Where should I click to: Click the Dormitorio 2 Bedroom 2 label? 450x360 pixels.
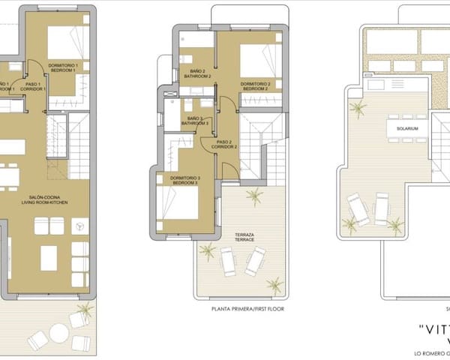tap(256, 86)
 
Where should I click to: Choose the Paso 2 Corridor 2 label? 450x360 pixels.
tap(224, 144)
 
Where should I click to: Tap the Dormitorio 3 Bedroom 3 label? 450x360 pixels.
tap(184, 180)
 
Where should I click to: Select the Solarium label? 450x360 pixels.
tap(397, 129)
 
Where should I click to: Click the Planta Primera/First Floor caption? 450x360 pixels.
tap(248, 309)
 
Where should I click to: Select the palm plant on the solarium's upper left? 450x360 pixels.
tap(358, 110)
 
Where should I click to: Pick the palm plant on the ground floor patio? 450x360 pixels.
tap(85, 309)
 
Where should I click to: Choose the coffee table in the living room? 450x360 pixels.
tap(49, 258)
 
